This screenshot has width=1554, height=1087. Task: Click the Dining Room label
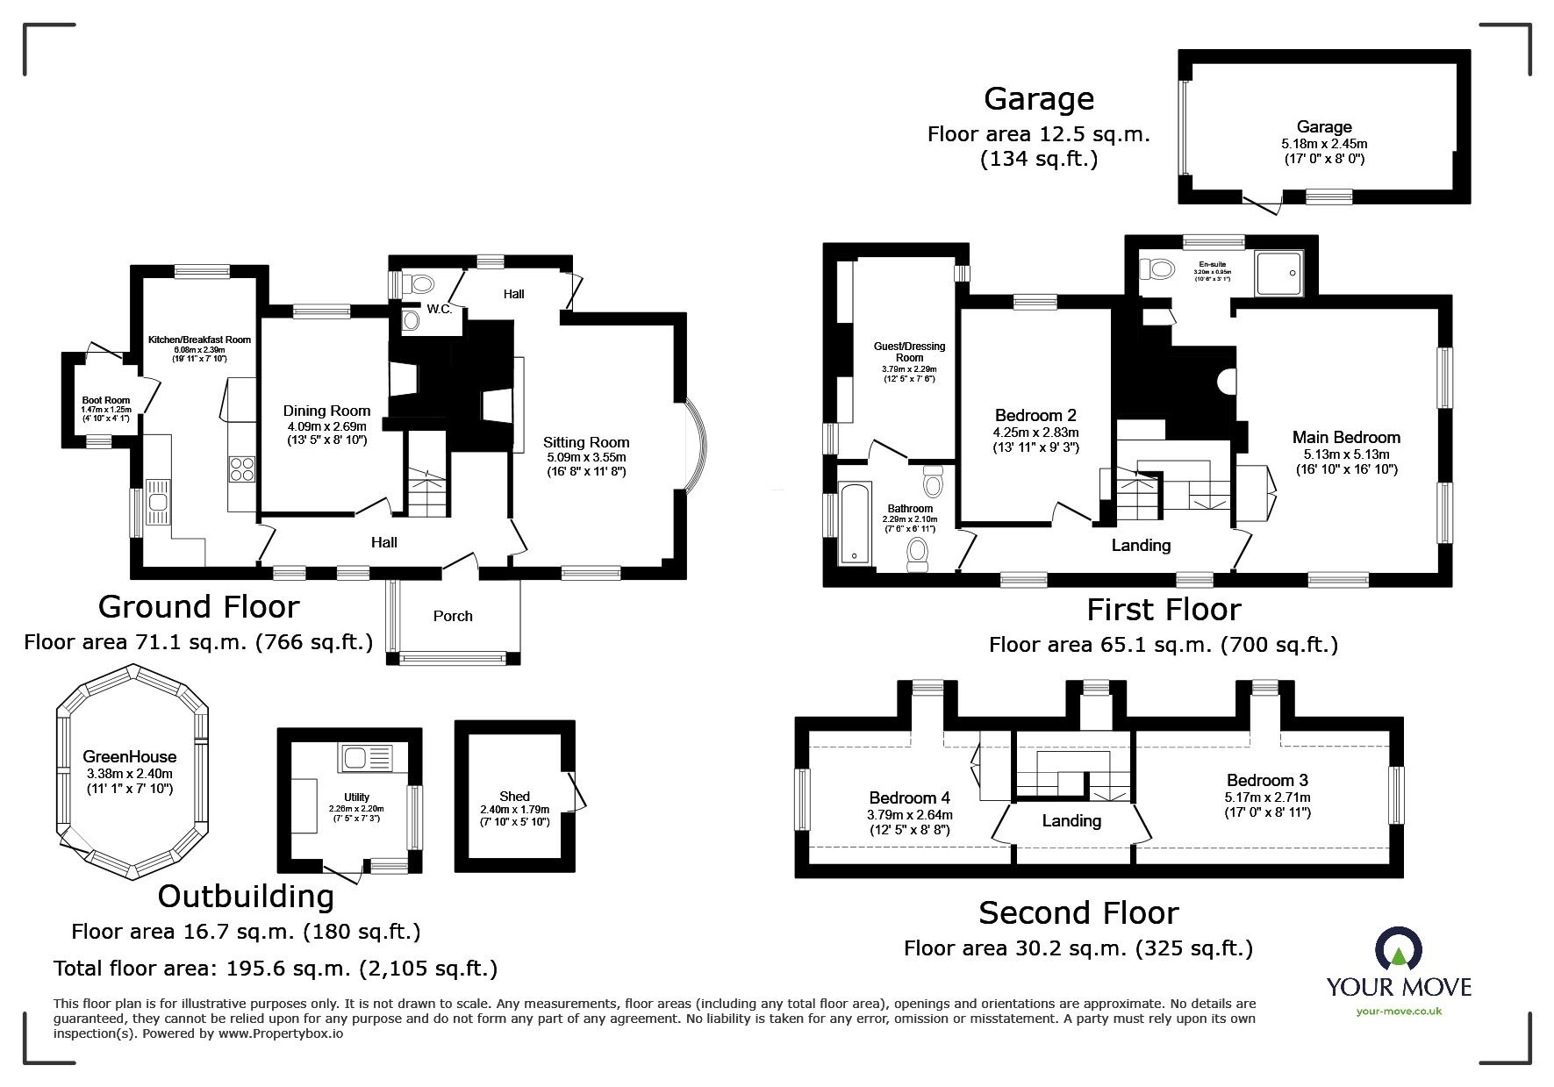326,411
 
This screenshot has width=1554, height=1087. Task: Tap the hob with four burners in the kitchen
241,469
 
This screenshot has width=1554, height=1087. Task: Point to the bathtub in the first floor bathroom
851,523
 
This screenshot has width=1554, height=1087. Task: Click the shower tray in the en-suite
1279,273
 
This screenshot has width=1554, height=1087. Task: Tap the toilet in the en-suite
1159,268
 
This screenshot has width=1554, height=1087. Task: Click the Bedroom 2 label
1035,415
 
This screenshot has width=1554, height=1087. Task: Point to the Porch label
453,616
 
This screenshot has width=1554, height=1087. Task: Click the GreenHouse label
130,757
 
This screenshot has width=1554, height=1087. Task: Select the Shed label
514,797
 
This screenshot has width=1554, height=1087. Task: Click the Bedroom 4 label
909,797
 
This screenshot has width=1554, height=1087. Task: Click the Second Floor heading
1078,912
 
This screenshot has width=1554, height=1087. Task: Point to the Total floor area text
276,969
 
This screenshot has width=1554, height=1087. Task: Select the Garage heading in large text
1038,98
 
